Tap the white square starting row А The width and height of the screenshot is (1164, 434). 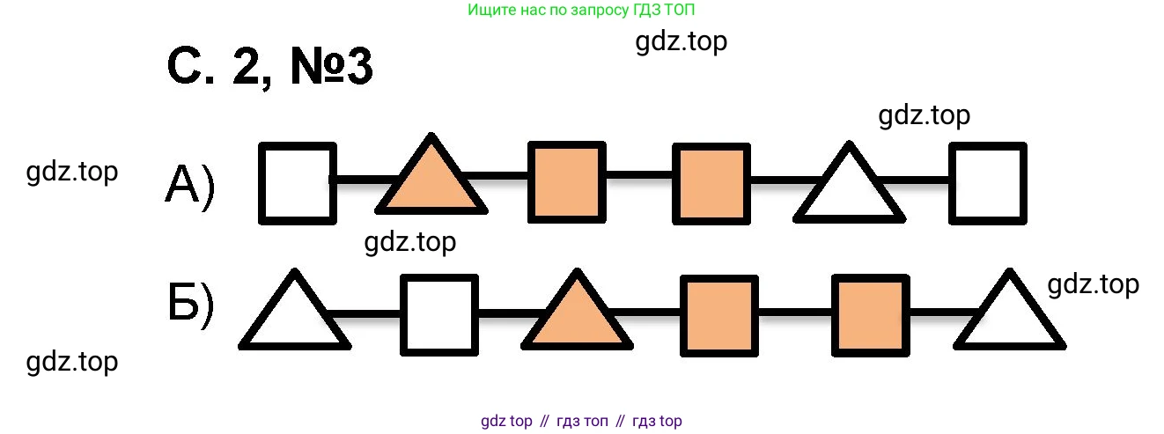click(298, 182)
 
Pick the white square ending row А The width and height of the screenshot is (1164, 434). click(988, 182)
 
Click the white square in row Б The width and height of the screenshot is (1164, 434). click(439, 314)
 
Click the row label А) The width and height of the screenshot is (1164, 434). click(189, 187)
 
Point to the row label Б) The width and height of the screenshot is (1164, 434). click(189, 305)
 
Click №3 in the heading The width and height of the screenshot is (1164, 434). click(332, 67)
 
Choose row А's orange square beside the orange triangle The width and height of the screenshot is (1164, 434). click(567, 182)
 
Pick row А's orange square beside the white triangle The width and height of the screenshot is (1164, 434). click(711, 182)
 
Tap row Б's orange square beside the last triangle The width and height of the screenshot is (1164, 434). click(871, 314)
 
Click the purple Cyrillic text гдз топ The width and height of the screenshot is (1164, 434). click(582, 421)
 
